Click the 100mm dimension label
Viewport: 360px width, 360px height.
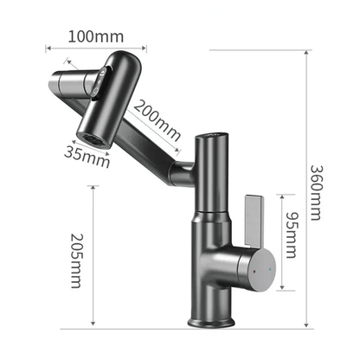point(97,36)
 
